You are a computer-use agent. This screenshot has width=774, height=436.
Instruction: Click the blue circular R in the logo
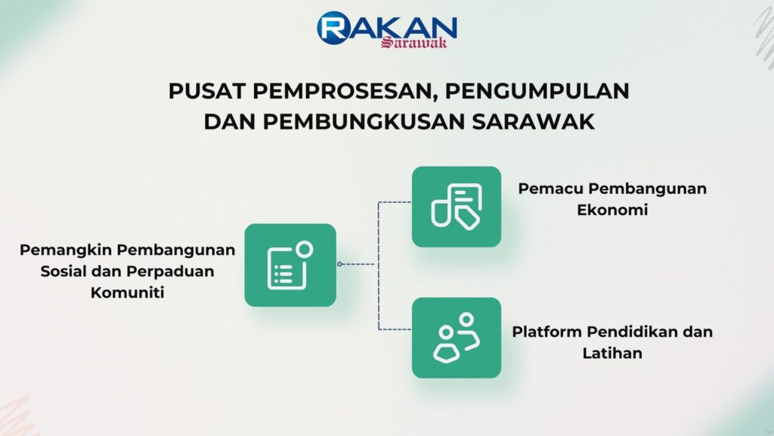coord(334,28)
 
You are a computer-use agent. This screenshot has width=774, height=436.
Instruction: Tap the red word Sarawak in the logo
coord(413,43)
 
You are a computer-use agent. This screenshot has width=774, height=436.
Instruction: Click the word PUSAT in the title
coord(207,91)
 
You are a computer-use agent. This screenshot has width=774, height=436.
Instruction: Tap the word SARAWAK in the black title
coord(533,122)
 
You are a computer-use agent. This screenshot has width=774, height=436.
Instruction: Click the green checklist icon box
coord(290,265)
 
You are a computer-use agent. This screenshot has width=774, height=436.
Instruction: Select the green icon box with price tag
coord(457,207)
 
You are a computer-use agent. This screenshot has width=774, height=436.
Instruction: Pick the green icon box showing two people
coord(457,338)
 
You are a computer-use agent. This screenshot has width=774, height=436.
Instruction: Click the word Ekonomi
coord(612,210)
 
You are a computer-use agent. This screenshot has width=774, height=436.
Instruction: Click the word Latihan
coord(612,353)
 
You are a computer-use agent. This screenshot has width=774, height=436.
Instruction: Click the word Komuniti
coord(127,293)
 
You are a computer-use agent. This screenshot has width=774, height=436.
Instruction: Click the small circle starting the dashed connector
coord(339,264)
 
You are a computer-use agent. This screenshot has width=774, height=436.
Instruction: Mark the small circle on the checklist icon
coord(305,248)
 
